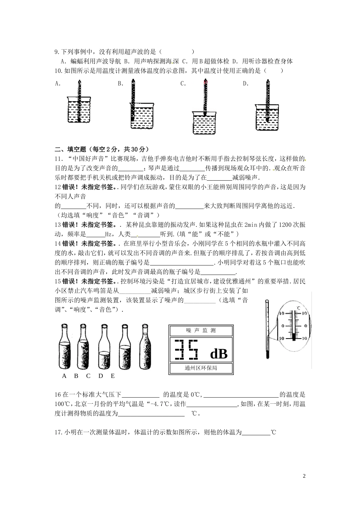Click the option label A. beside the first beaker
coord(58,84)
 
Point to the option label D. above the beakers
coord(246,84)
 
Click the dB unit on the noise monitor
coord(218,354)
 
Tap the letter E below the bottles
coord(113,376)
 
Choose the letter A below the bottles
coord(64,376)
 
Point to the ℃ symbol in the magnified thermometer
coord(299,309)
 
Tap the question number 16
coord(58,395)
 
